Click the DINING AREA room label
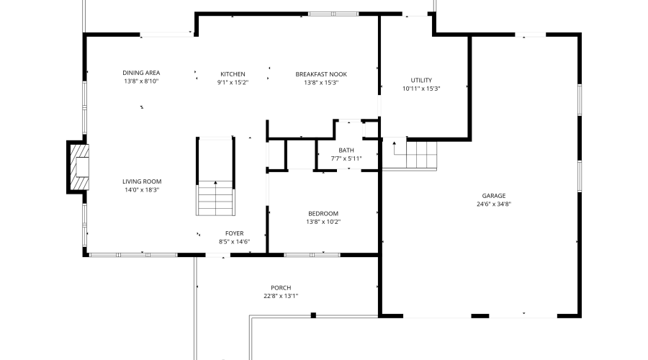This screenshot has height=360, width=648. click(141, 73)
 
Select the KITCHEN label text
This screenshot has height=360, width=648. click(233, 73)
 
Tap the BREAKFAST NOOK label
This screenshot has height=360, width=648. click(321, 73)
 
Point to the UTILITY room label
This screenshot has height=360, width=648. click(421, 80)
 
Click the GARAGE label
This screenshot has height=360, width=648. click(494, 195)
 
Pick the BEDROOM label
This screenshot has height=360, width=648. click(323, 213)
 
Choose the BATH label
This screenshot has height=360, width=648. click(346, 150)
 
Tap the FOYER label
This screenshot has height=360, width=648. click(234, 233)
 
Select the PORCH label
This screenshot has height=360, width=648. click(281, 287)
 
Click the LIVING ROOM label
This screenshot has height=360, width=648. click(141, 181)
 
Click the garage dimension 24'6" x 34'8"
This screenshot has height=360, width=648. click(494, 204)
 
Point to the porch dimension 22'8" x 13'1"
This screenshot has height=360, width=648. click(281, 296)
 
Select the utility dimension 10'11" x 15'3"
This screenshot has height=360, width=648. click(421, 89)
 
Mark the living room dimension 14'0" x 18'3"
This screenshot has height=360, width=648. click(141, 190)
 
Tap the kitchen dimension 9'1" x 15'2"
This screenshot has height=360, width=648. click(233, 82)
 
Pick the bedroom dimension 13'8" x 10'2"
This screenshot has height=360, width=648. click(323, 222)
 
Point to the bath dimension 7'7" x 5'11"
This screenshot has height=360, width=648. click(346, 158)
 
